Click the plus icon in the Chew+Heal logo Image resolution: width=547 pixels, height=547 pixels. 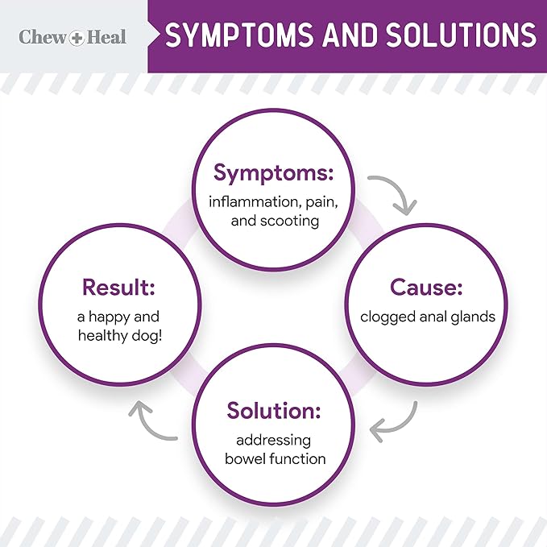[x=74, y=37]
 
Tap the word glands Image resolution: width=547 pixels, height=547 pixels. [x=474, y=316]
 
